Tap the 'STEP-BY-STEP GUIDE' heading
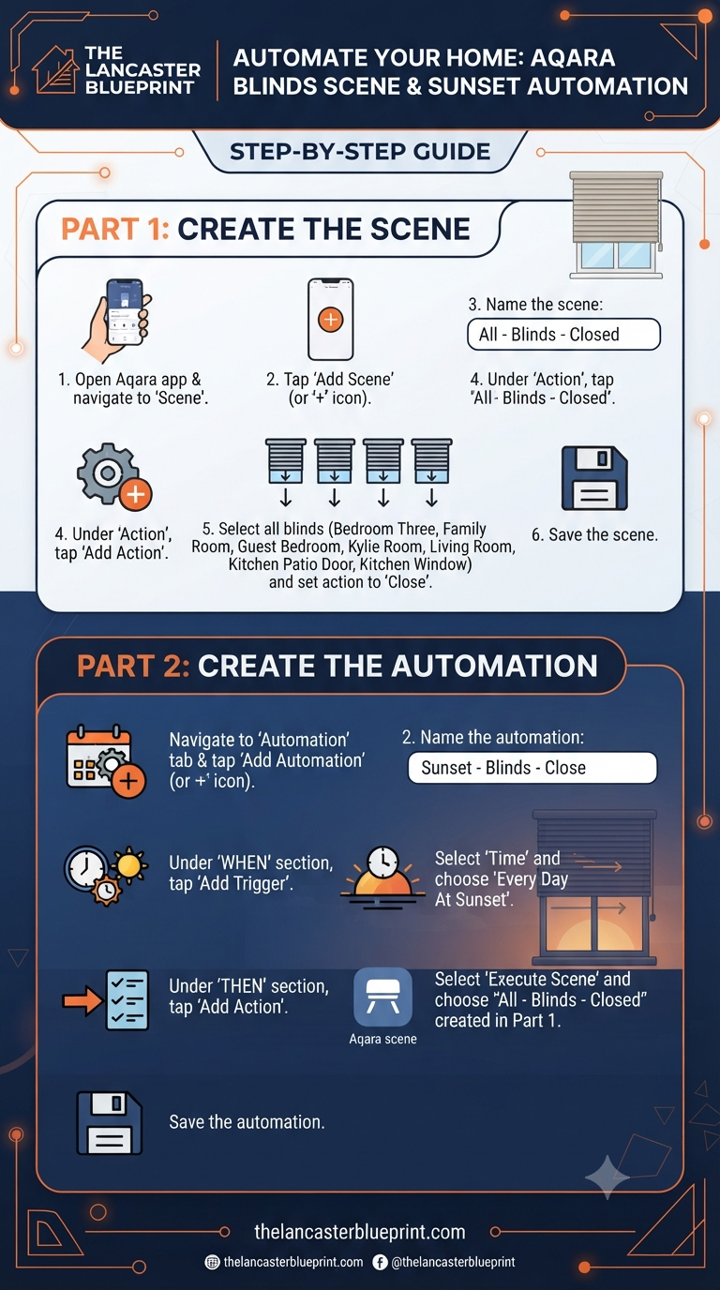pyautogui.click(x=360, y=152)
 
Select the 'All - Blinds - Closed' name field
pyautogui.click(x=563, y=334)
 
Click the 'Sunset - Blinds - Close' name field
pyautogui.click(x=532, y=768)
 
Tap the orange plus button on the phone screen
pyautogui.click(x=331, y=319)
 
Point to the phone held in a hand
pyautogui.click(x=117, y=320)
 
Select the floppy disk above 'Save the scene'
pyautogui.click(x=593, y=478)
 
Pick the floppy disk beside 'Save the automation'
pyautogui.click(x=110, y=1122)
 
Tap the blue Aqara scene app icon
pyautogui.click(x=383, y=997)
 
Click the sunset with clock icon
pyautogui.click(x=383, y=877)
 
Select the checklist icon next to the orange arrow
pyautogui.click(x=127, y=1000)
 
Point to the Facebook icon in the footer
pyautogui.click(x=381, y=1263)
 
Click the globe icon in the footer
pyautogui.click(x=212, y=1263)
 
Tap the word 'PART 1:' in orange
pyautogui.click(x=115, y=229)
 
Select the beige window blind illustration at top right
pyautogui.click(x=616, y=225)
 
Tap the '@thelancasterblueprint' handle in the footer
pyautogui.click(x=453, y=1263)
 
